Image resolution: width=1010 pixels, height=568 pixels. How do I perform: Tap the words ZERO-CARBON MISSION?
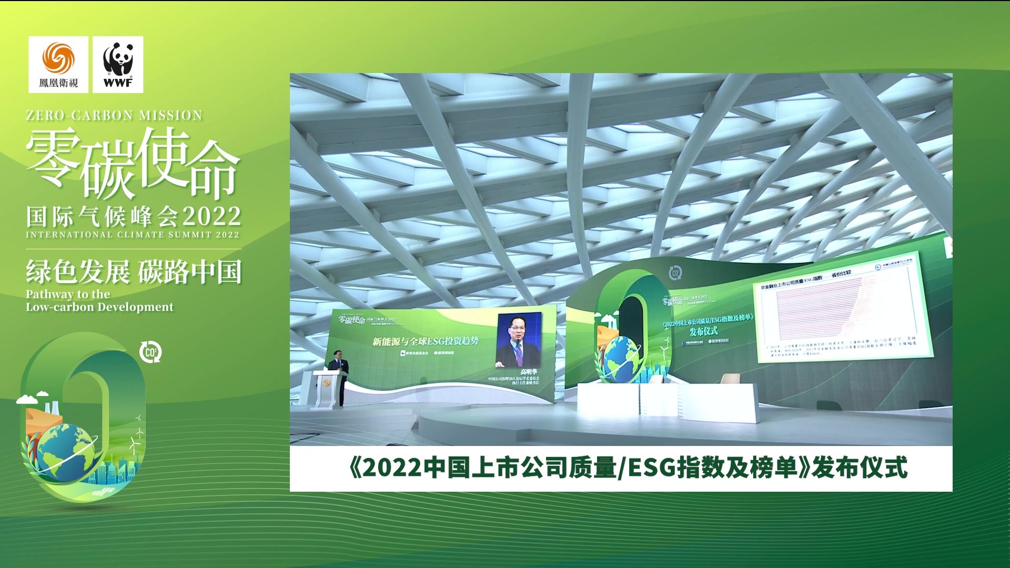pos(114,116)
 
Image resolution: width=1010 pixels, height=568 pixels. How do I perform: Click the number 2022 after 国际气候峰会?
pos(212,217)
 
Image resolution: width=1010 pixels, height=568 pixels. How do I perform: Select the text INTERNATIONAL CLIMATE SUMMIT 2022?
pos(133,235)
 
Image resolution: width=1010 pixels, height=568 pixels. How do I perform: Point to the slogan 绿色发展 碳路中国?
pos(134,272)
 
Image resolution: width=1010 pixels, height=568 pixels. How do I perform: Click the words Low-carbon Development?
pos(99,307)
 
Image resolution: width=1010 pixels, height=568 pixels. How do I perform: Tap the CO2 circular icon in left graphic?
pos(150,352)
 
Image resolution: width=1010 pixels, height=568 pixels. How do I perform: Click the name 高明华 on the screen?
pos(528,372)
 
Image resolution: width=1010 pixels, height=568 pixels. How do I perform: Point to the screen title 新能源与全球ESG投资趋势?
pos(425,341)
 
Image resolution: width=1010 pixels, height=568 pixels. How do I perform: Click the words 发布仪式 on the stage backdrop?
pos(703,331)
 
